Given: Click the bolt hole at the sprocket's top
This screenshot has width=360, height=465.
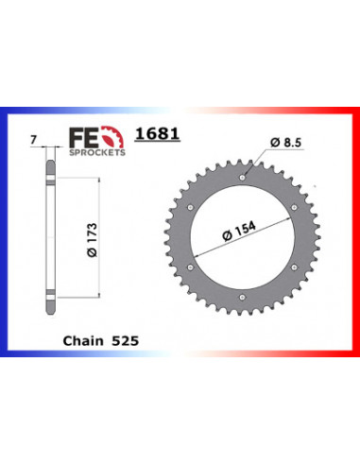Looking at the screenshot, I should pos(244,176).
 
